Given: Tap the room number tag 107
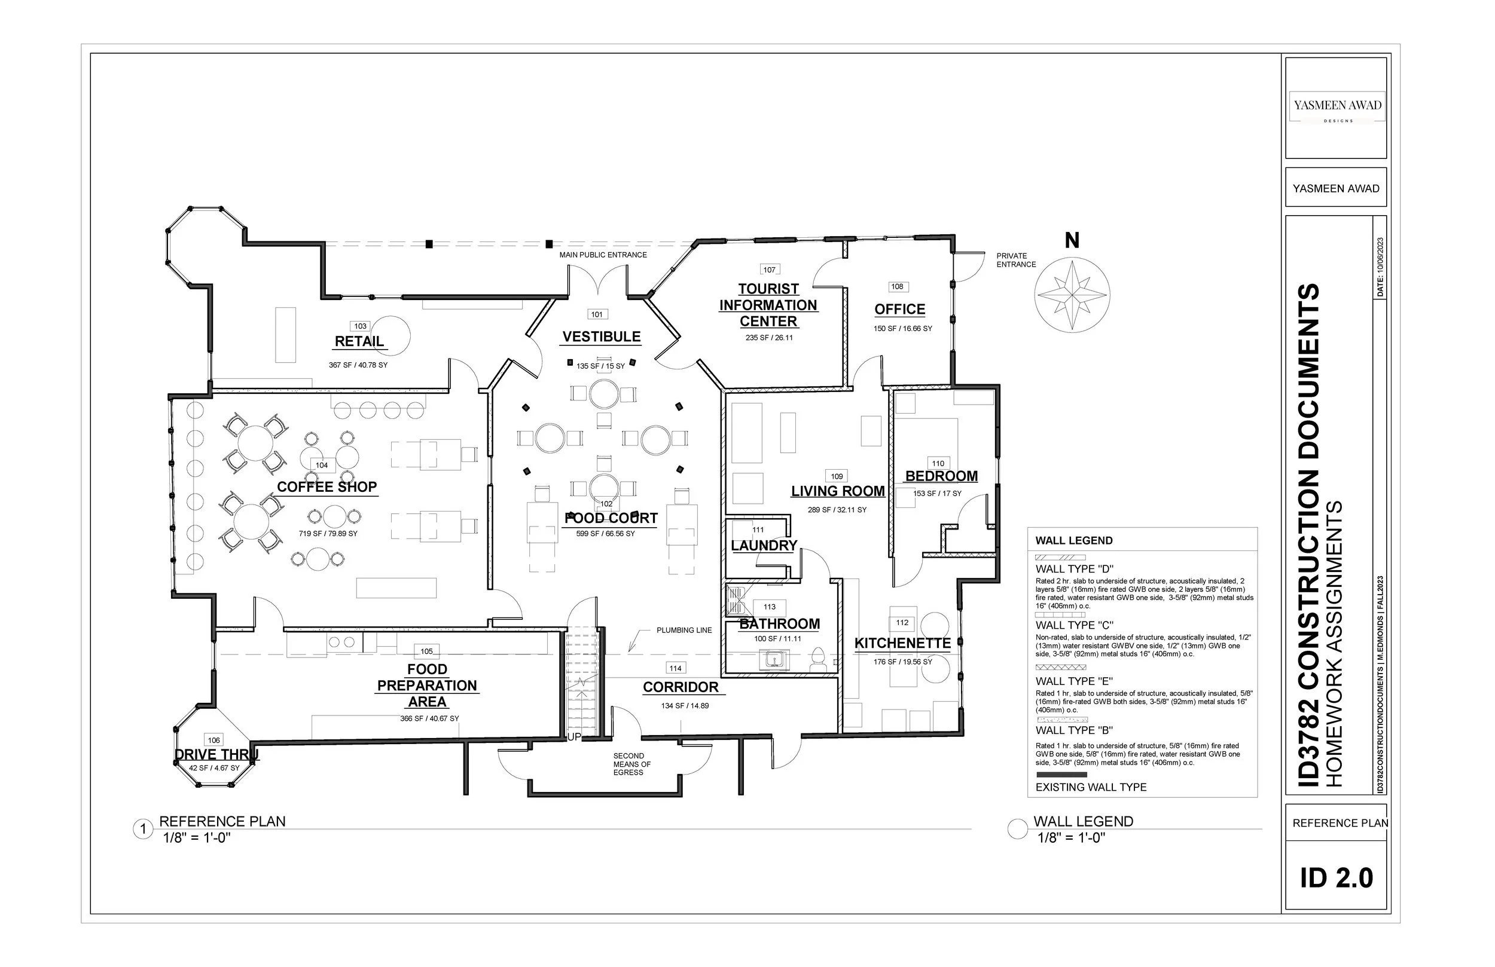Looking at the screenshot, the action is (770, 270).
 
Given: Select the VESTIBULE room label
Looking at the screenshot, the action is (601, 336).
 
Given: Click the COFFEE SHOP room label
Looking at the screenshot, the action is (327, 486).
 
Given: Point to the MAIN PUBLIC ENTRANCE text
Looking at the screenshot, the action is (603, 255).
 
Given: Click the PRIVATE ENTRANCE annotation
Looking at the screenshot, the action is (1016, 260).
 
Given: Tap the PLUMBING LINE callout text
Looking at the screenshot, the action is (684, 630).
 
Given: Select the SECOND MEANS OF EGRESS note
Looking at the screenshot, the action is (632, 764).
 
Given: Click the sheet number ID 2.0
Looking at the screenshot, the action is (1336, 877).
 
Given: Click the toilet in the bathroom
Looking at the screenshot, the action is (818, 660).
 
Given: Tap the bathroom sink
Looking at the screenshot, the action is (775, 659).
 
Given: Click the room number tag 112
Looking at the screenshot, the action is (902, 623).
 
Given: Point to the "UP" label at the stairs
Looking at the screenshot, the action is (574, 737).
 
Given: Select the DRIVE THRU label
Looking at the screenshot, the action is (216, 755).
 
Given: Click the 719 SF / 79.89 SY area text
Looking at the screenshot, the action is (328, 534).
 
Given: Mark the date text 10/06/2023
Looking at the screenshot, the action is (1380, 267).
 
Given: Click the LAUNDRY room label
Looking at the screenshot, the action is (764, 546).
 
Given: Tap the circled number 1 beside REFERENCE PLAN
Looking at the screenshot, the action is (143, 830).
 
